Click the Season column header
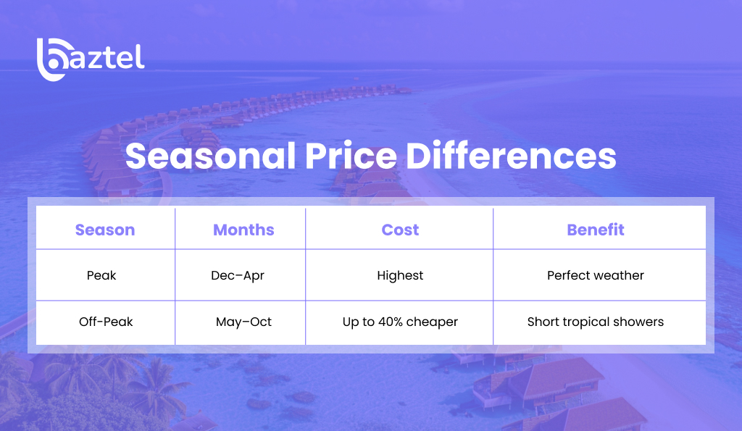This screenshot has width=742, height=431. tap(105, 230)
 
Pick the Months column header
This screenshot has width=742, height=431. tap(243, 230)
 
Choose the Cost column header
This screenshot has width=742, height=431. tap(400, 230)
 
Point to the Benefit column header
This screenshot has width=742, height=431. tap(596, 230)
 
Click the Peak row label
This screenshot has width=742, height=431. tap(101, 275)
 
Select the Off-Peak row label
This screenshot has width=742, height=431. tap(106, 322)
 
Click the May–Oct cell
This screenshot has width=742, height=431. tap(243, 322)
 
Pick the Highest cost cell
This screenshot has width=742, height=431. tap(400, 275)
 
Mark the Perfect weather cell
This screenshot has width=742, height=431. tap(596, 275)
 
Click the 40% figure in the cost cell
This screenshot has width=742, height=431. tap(392, 322)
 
